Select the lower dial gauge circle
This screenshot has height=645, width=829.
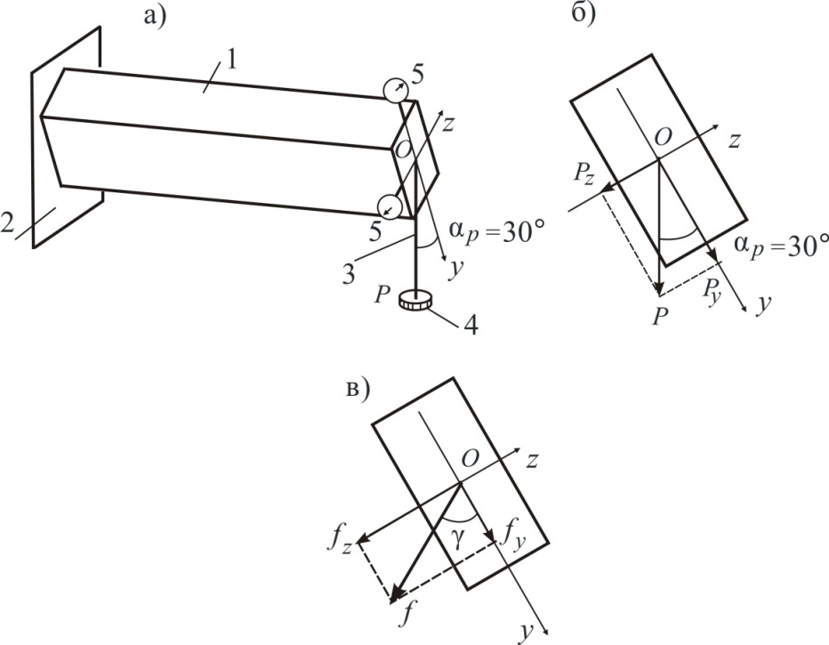(x=389, y=206)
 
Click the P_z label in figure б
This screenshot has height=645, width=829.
(x=584, y=174)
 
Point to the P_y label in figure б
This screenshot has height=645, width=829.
(x=712, y=290)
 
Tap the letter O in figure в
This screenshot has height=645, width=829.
(x=470, y=458)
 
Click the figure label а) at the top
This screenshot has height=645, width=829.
(x=154, y=16)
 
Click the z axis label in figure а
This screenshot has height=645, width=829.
(x=447, y=125)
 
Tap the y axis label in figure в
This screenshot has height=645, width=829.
(x=526, y=633)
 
